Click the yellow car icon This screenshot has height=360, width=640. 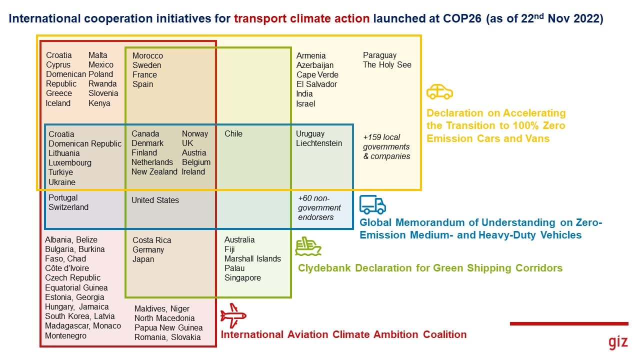(x=439, y=91)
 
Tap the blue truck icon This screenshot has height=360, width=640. (x=372, y=204)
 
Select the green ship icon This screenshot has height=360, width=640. (x=308, y=246)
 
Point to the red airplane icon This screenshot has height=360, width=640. (x=233, y=315)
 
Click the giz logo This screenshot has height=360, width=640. (x=618, y=342)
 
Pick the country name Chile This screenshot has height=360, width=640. (x=233, y=133)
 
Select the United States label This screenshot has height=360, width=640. (x=155, y=200)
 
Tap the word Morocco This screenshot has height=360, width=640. (x=147, y=55)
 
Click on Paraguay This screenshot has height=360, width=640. (x=379, y=55)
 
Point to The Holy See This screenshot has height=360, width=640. (x=387, y=65)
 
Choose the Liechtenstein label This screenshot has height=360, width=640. (x=319, y=143)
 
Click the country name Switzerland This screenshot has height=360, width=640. (x=68, y=207)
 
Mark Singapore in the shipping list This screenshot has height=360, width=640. (x=242, y=277)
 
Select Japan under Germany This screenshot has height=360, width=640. (x=143, y=259)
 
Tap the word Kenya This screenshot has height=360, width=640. (x=99, y=103)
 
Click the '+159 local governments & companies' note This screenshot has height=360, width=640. (x=386, y=146)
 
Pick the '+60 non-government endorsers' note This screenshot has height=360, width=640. (x=319, y=207)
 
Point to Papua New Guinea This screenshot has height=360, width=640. (x=168, y=327)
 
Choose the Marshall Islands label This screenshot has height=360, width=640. (x=252, y=258)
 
